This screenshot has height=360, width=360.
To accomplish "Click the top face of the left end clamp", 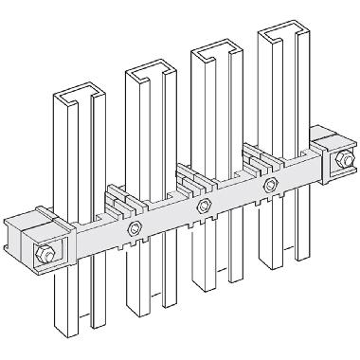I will [x=36, y=220].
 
